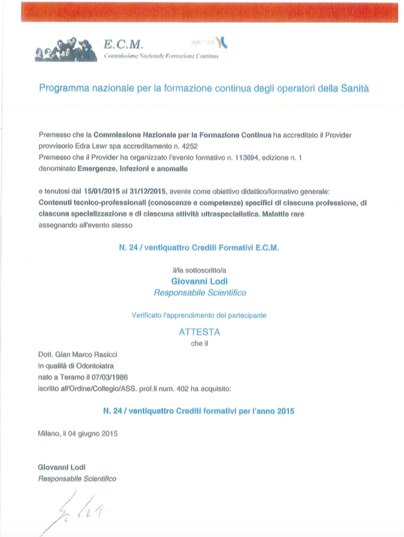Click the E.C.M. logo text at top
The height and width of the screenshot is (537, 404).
point(123,44)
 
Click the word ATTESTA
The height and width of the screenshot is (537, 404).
point(200,331)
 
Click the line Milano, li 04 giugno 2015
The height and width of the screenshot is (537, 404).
point(77,433)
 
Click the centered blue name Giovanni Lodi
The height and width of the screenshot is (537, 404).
point(200,281)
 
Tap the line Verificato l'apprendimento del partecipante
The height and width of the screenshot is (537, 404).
point(200,314)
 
